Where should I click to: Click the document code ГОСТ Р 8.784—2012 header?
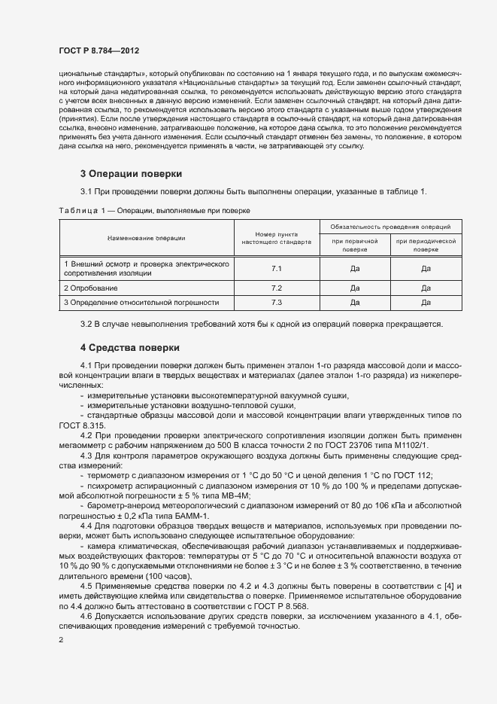point(98,49)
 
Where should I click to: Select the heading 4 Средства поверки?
point(130,348)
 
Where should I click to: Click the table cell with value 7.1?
point(276,269)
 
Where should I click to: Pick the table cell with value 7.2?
point(276,288)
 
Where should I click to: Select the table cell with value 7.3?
point(276,303)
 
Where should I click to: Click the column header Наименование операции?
point(147,238)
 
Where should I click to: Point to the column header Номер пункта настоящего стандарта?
point(276,239)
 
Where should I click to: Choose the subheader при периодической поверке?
point(426,245)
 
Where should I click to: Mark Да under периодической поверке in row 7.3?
point(426,303)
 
